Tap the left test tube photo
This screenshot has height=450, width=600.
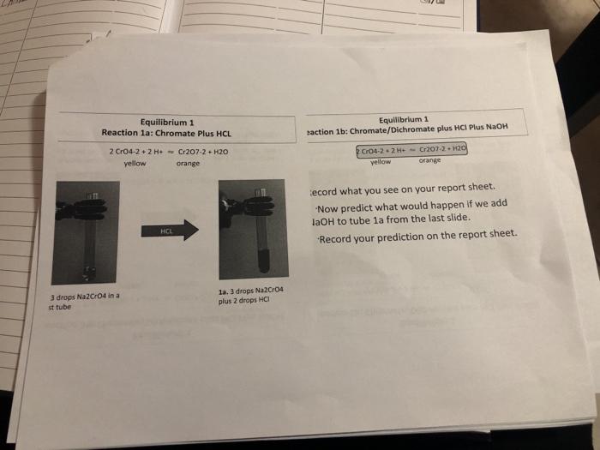click(86, 231)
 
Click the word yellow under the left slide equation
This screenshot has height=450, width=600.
click(135, 162)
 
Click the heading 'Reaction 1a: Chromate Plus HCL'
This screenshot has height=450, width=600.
click(166, 133)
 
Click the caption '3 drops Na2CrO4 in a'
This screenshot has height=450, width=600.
click(86, 297)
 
